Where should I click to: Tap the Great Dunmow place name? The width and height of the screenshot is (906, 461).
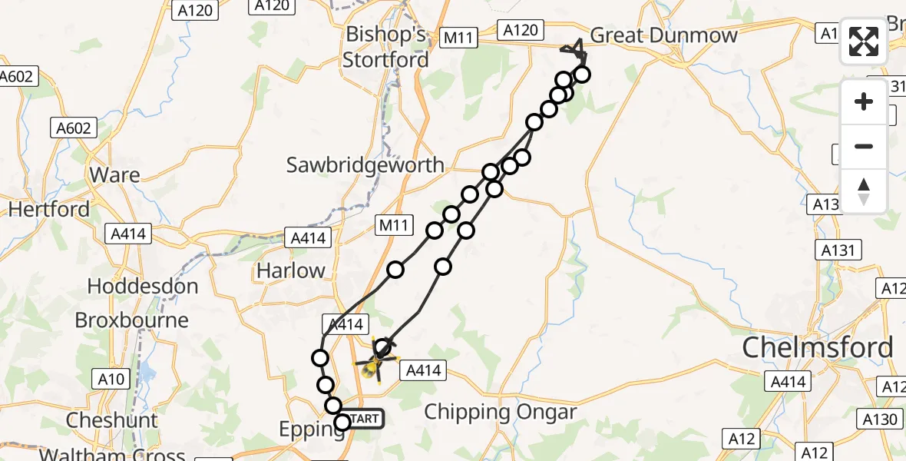click(663, 35)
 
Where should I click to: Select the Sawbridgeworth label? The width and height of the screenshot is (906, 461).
click(365, 164)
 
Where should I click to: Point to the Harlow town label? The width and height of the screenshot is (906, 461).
click(290, 270)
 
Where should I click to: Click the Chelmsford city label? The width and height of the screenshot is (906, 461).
click(817, 348)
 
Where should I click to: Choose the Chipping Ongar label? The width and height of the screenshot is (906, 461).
click(500, 412)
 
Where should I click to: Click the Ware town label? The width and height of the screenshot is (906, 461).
click(114, 175)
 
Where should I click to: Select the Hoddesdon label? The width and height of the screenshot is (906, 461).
click(142, 287)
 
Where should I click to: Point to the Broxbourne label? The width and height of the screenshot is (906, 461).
click(131, 320)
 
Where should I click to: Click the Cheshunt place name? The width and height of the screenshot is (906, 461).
click(112, 421)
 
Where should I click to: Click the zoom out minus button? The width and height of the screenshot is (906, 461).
click(864, 147)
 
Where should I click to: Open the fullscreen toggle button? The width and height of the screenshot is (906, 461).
click(864, 41)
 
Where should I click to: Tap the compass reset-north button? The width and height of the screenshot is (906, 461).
click(864, 191)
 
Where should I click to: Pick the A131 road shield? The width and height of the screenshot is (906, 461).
click(839, 250)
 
